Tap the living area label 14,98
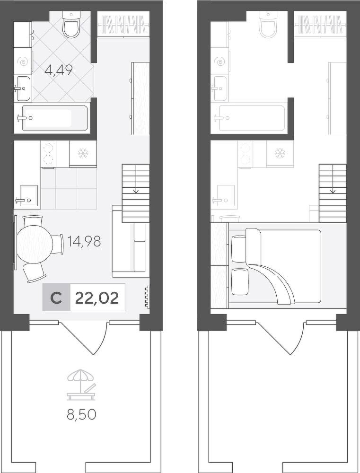coord(84,241)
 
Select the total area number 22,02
coord(97,298)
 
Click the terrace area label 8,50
coord(81,414)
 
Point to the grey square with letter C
coord(56,298)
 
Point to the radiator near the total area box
coord(147,298)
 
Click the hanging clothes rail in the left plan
coord(124,25)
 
